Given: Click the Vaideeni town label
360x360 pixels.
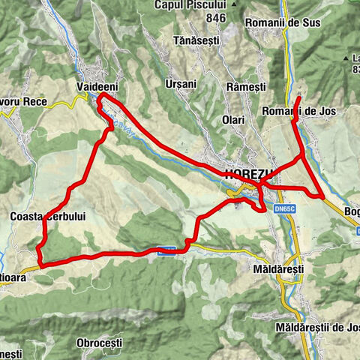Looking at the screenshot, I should coord(97,88).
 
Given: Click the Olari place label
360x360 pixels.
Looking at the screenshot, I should coord(232,120).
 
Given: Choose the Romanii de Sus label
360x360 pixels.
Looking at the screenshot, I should coord(289,22).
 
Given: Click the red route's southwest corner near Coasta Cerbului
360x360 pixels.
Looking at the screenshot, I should coord(40,264).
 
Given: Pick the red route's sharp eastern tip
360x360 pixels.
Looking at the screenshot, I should coord(322,197).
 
